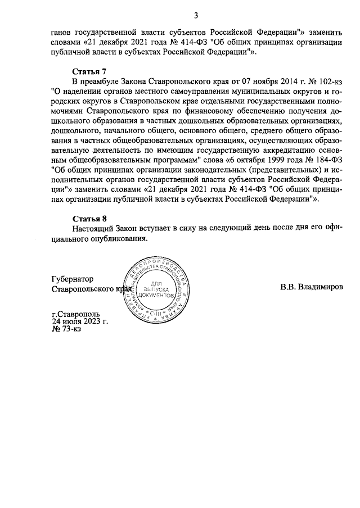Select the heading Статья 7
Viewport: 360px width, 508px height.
coord(89,71)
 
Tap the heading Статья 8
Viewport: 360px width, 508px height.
coord(89,218)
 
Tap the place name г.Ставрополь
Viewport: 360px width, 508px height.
coord(75,314)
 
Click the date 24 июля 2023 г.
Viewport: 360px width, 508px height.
coord(80,321)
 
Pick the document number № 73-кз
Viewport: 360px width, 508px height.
coord(66,329)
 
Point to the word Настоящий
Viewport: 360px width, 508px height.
coord(93,228)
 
